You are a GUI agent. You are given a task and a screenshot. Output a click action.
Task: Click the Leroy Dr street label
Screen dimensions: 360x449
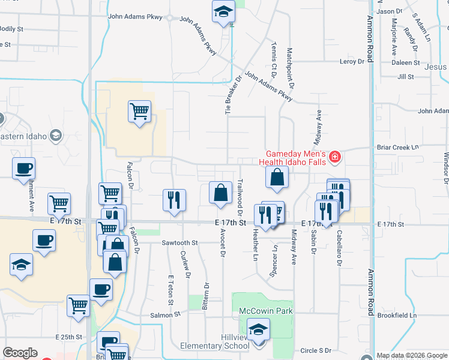coord(352,61)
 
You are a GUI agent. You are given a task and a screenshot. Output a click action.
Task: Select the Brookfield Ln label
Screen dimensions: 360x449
coord(397,316)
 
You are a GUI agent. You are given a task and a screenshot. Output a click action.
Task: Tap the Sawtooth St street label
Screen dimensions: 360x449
coord(179,243)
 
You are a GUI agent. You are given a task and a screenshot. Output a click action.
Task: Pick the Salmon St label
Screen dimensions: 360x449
coord(169,314)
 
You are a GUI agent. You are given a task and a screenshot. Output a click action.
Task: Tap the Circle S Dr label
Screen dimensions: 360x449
coord(316,350)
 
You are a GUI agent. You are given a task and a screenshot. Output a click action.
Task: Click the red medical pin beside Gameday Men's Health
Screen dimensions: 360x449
coord(334,158)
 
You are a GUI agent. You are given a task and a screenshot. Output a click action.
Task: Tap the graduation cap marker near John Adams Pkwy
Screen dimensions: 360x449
coord(224,12)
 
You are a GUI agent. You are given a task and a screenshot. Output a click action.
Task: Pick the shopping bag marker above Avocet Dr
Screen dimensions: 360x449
coord(220,193)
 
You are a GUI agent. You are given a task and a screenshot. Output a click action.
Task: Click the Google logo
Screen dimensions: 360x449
coord(20,353)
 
